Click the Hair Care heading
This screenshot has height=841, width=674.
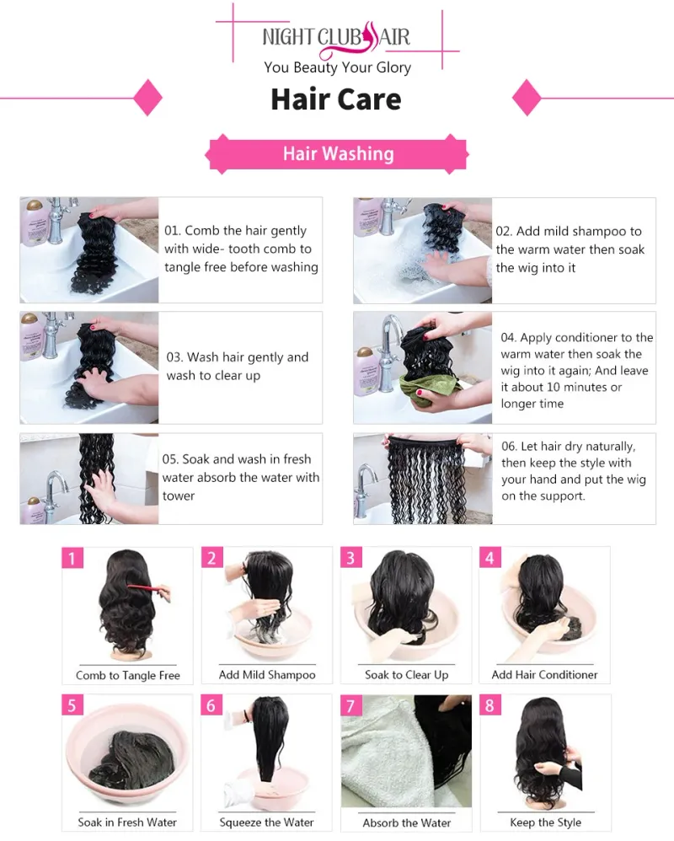click(336, 99)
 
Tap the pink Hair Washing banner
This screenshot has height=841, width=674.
click(337, 154)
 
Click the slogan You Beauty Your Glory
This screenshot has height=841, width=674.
click(337, 67)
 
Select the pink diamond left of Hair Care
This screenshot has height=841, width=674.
click(147, 98)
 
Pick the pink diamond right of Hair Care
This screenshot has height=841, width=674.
click(527, 98)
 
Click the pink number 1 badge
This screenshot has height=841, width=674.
click(72, 558)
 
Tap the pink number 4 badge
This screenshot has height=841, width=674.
click(490, 557)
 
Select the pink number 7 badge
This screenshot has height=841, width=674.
click(351, 705)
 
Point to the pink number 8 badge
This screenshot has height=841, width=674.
click(490, 704)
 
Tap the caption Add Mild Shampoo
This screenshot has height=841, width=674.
click(267, 675)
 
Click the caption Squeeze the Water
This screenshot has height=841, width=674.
click(266, 822)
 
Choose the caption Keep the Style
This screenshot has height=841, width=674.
click(545, 822)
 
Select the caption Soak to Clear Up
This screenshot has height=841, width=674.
click(406, 675)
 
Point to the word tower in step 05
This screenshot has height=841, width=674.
click(179, 496)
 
